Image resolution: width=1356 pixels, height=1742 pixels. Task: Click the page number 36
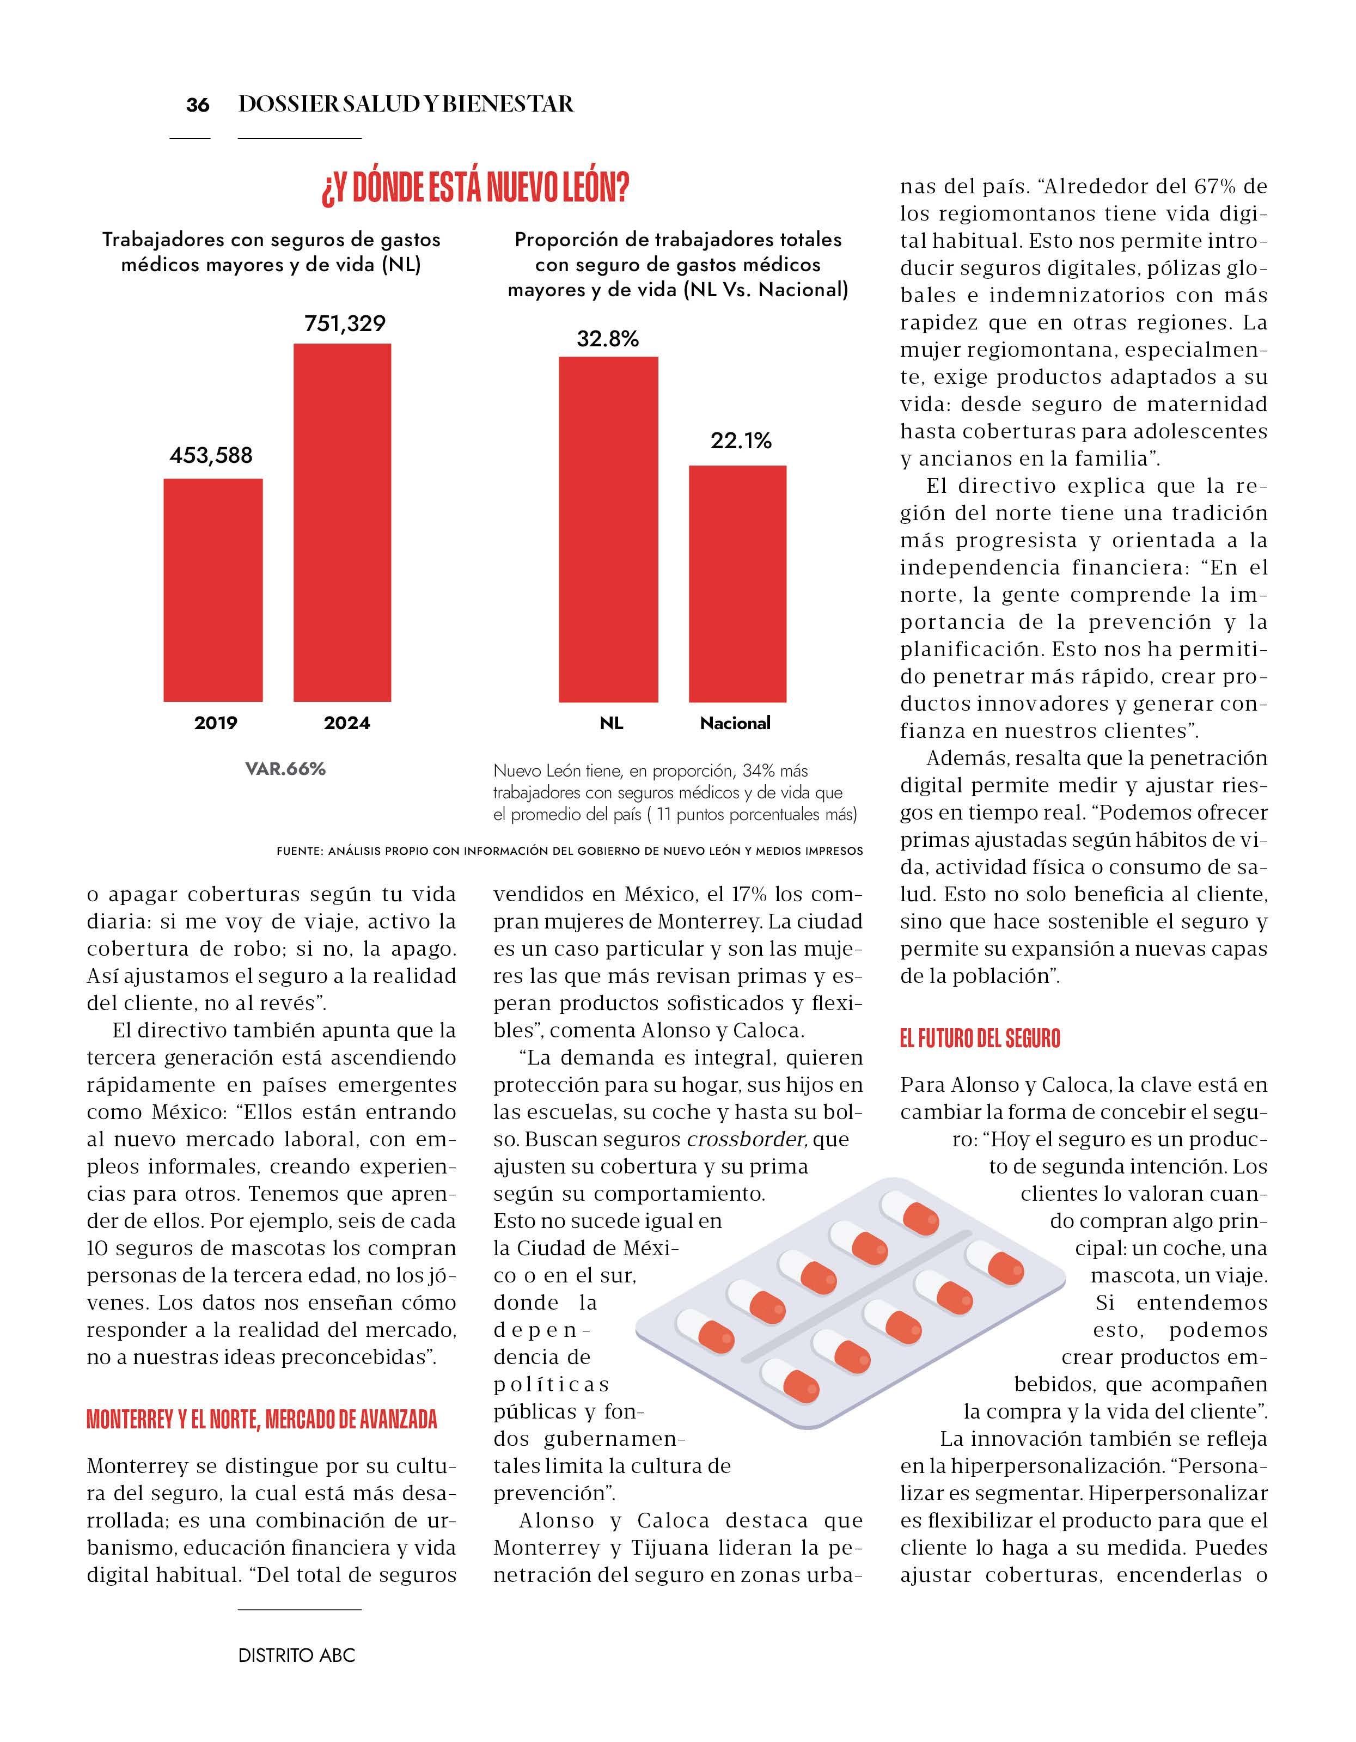click(197, 105)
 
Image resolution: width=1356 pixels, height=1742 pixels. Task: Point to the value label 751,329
click(345, 323)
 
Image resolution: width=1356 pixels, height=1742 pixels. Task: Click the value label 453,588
click(211, 455)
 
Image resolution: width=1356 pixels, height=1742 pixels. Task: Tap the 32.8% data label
click(608, 339)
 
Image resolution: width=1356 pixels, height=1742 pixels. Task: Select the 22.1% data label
click(741, 441)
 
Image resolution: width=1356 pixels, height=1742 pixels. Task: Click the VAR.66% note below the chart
click(285, 769)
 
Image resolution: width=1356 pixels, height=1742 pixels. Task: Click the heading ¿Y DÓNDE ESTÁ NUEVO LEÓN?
click(475, 188)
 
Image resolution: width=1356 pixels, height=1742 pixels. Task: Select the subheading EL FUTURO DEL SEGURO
click(980, 1038)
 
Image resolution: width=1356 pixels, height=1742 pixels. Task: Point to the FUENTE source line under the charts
click(570, 851)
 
